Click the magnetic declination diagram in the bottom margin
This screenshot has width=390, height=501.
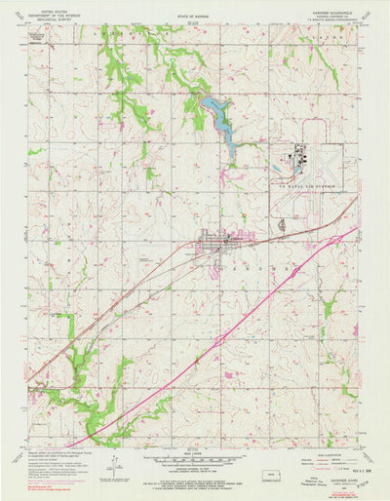[115, 467]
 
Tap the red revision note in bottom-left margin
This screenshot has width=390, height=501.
[39, 484]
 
